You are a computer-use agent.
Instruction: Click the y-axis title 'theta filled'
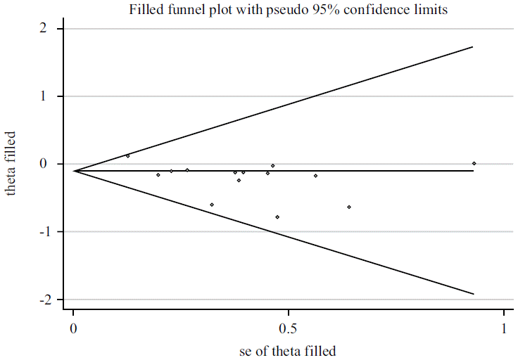click(11, 163)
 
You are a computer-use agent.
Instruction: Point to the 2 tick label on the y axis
click(43, 29)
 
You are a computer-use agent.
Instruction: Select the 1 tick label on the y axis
click(43, 96)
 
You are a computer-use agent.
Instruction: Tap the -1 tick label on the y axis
click(40, 232)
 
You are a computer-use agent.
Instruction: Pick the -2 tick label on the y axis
click(40, 300)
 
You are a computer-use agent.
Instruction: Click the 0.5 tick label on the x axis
click(286, 329)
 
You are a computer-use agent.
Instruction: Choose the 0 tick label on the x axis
click(73, 329)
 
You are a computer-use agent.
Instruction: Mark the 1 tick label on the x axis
click(504, 329)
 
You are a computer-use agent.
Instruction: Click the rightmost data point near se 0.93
click(474, 163)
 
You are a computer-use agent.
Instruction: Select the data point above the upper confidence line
click(127, 156)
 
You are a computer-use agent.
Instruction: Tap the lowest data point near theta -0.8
click(277, 217)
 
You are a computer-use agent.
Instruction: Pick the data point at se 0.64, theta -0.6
click(349, 207)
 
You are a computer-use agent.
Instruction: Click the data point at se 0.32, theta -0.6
click(212, 205)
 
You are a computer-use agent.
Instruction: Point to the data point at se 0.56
click(315, 176)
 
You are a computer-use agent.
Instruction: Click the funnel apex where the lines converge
click(74, 171)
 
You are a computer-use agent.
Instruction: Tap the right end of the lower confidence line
click(473, 294)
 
